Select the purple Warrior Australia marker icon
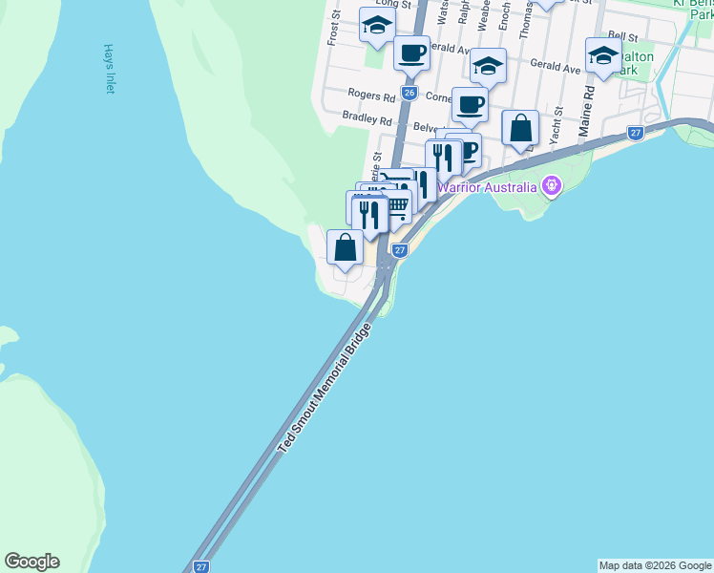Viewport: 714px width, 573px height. coord(550,185)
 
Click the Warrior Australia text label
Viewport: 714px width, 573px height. coord(490,186)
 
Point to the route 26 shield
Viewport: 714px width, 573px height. coord(409,93)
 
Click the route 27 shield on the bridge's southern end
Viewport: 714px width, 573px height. coord(201,566)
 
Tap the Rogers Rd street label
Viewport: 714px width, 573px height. coord(371,96)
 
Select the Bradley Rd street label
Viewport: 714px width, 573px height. coord(367,120)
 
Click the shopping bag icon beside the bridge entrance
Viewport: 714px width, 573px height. coord(346,246)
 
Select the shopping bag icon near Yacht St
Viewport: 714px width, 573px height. coord(520,127)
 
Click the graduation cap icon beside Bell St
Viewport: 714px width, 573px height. coord(603,55)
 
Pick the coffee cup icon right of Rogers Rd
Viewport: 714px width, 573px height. coord(469,104)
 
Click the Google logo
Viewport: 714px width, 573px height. coord(31,562)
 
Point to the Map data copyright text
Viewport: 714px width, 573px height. coord(655,565)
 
